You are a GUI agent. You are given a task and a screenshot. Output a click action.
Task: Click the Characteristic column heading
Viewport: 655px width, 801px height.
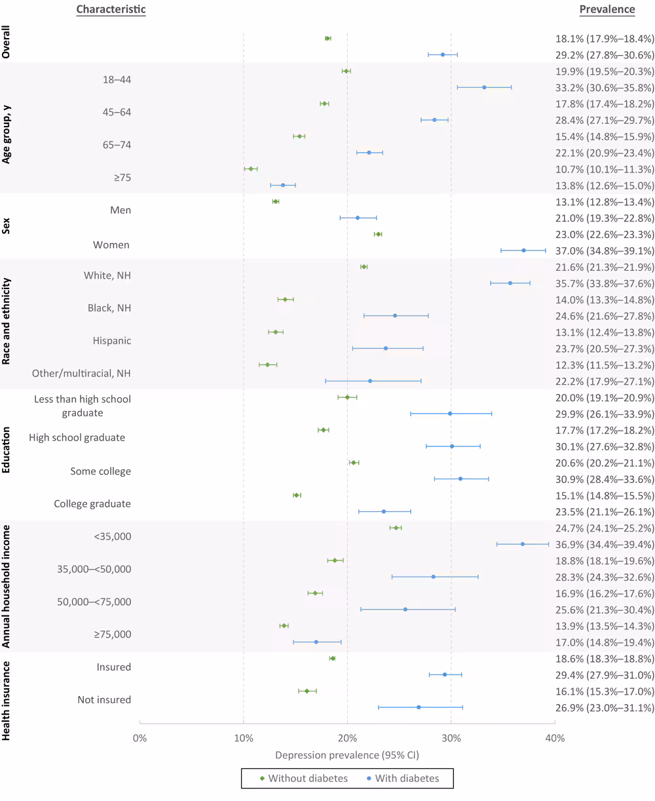coord(111,9)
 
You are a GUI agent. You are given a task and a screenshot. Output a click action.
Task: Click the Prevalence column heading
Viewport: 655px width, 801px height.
coord(607,9)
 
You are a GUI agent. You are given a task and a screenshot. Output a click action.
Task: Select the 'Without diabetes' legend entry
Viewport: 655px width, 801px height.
coord(303,779)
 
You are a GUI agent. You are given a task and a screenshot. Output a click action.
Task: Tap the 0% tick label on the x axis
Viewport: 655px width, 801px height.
coord(140,738)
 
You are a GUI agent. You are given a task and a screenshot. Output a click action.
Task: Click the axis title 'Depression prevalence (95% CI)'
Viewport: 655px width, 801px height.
coord(347,755)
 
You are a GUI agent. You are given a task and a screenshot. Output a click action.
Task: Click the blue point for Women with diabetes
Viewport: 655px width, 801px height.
coord(523,250)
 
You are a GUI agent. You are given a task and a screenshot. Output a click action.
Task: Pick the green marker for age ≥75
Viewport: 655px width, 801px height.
coord(251,168)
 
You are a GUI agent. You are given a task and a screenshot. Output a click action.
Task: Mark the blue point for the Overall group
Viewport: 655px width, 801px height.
coord(443,54)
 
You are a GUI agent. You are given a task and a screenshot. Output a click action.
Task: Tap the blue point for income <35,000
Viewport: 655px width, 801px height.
coord(522,544)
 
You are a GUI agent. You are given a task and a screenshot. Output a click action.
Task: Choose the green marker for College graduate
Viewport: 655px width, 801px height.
coord(297,495)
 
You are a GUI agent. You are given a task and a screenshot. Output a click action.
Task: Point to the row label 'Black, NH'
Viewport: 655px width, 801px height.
coord(109,307)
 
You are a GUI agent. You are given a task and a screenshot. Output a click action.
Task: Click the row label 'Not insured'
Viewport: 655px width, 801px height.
coord(104,699)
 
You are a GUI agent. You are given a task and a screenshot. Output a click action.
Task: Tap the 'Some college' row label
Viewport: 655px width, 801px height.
coord(101,471)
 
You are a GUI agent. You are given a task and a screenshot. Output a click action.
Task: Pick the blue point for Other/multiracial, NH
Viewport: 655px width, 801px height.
coord(370,381)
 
